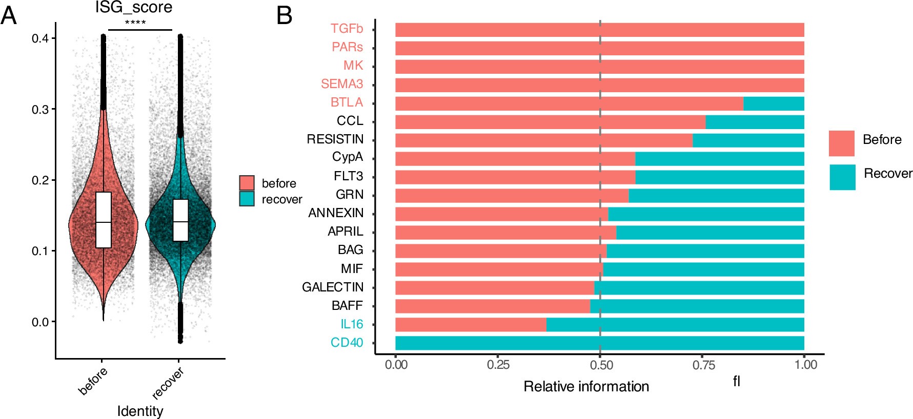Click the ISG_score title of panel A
tap(134, 7)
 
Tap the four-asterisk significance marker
tap(135, 23)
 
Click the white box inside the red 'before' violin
tap(104, 220)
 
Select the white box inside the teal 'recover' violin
tap(180, 220)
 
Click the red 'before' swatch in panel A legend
tap(247, 183)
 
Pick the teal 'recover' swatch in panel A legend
tap(247, 199)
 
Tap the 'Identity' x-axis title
tap(140, 411)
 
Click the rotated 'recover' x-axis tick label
tap(168, 383)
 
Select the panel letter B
tap(284, 15)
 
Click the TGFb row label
tap(347, 29)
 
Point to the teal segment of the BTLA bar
tap(773, 103)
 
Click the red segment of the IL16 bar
tap(471, 325)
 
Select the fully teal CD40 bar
tap(599, 343)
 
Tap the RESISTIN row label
tap(335, 139)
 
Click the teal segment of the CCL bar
tap(754, 122)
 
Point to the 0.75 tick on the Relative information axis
tap(703, 365)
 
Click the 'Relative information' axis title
tap(586, 386)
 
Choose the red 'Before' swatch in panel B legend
tap(841, 143)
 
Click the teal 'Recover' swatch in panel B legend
tap(842, 177)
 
